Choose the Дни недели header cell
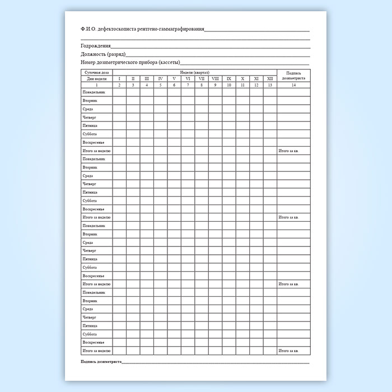coord(96,79)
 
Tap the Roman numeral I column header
coord(119,79)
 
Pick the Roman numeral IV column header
coord(160,79)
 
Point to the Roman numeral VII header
coord(202,79)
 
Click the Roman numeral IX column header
coord(229,79)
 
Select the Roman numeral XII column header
coord(270,79)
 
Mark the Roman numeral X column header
coord(242,79)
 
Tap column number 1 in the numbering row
coord(96,85)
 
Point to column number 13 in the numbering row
coord(270,85)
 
